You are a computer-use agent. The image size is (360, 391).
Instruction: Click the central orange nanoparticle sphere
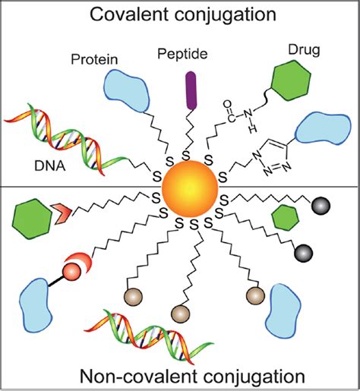[180, 187]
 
